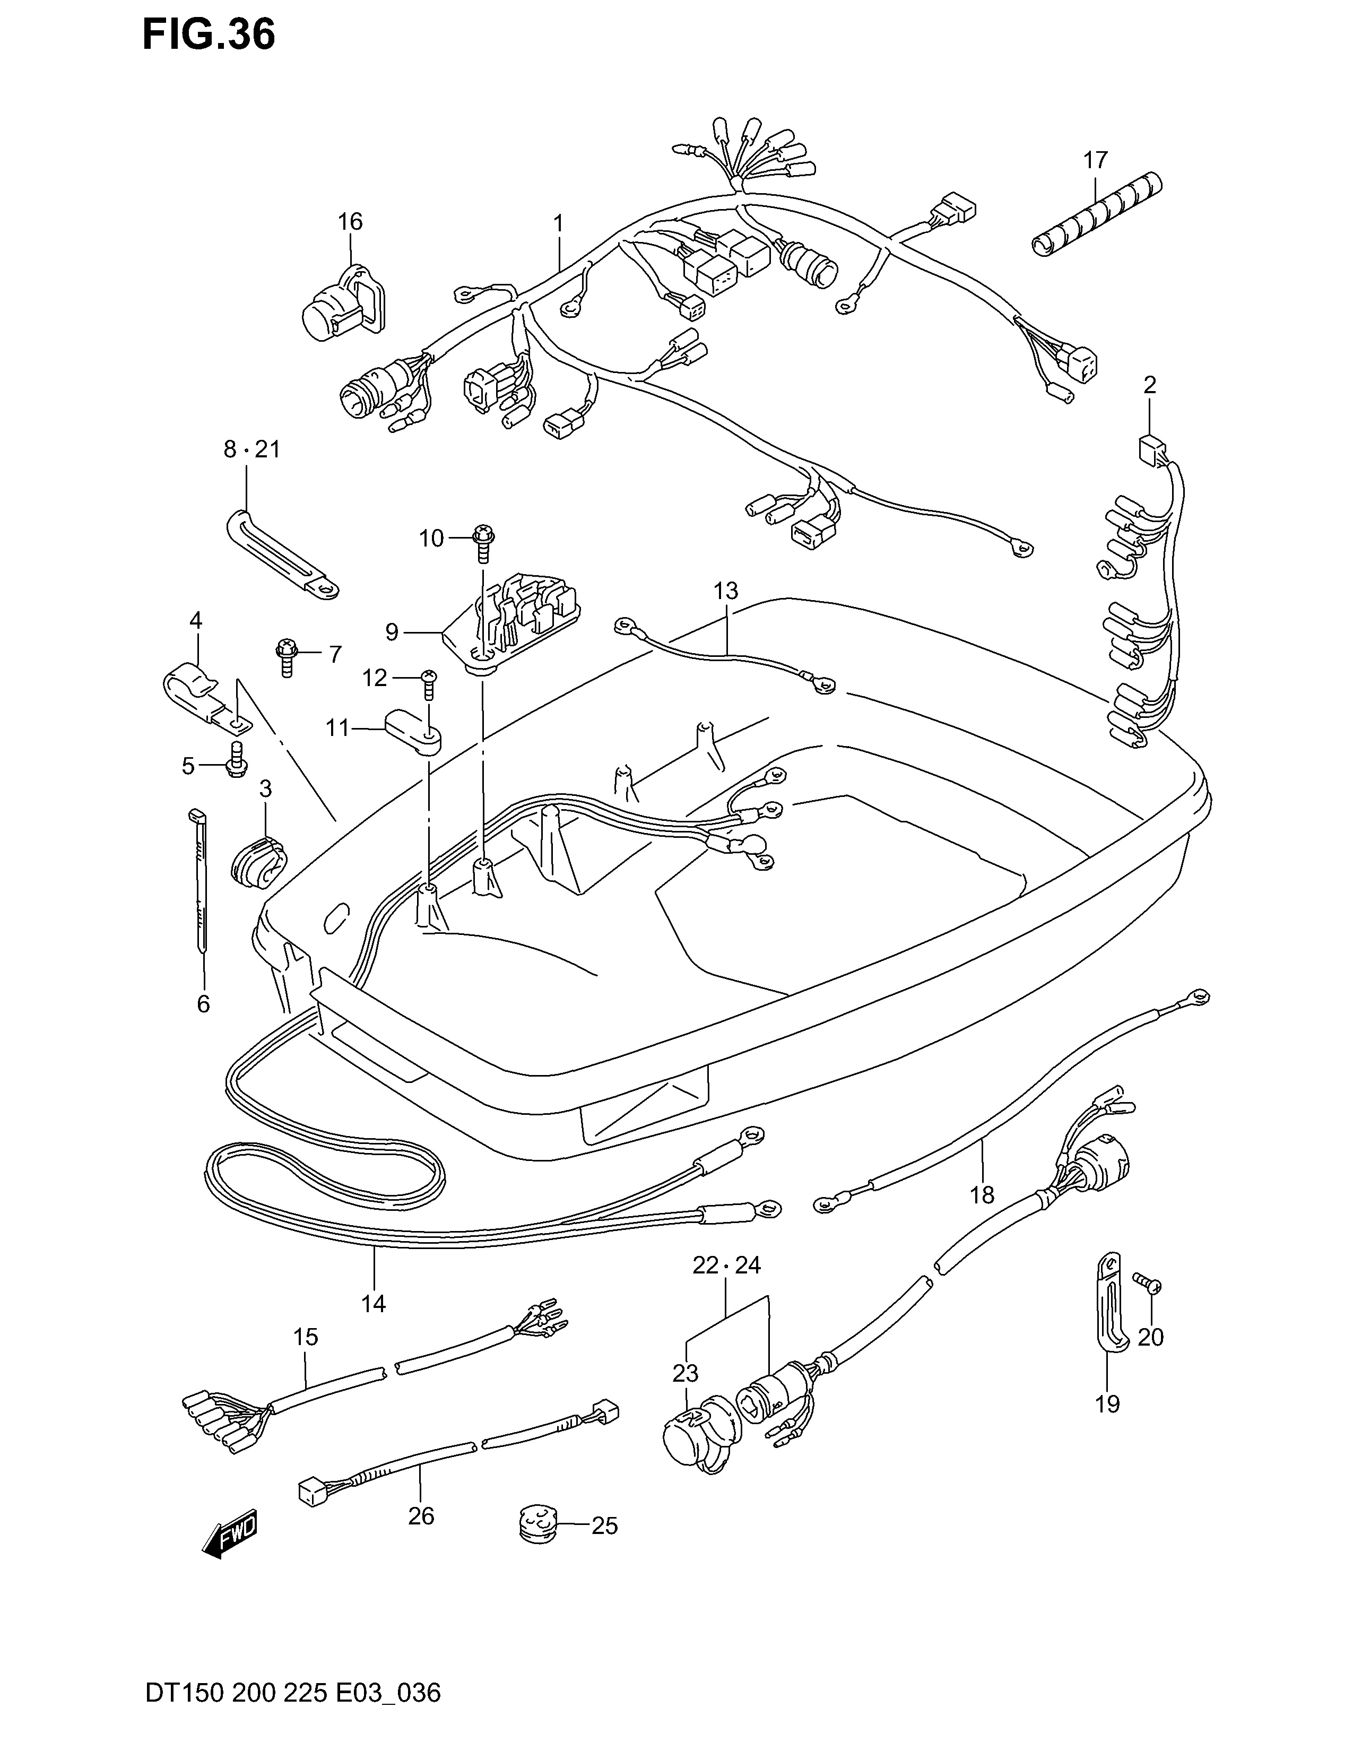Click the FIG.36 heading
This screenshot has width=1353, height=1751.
[209, 35]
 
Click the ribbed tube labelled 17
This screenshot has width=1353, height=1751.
[1097, 215]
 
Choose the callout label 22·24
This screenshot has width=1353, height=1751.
[726, 1265]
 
